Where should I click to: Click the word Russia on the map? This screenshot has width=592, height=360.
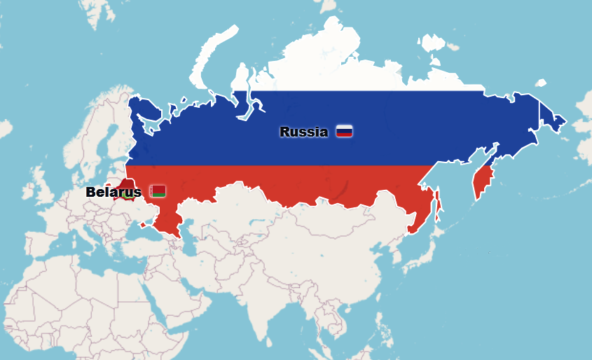tap(303, 132)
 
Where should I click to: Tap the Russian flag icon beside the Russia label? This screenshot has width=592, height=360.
tap(344, 131)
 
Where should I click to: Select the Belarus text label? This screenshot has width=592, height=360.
tap(113, 192)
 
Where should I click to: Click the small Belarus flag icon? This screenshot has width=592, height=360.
tap(158, 191)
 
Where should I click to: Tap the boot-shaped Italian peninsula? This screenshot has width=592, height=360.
tap(91, 242)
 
